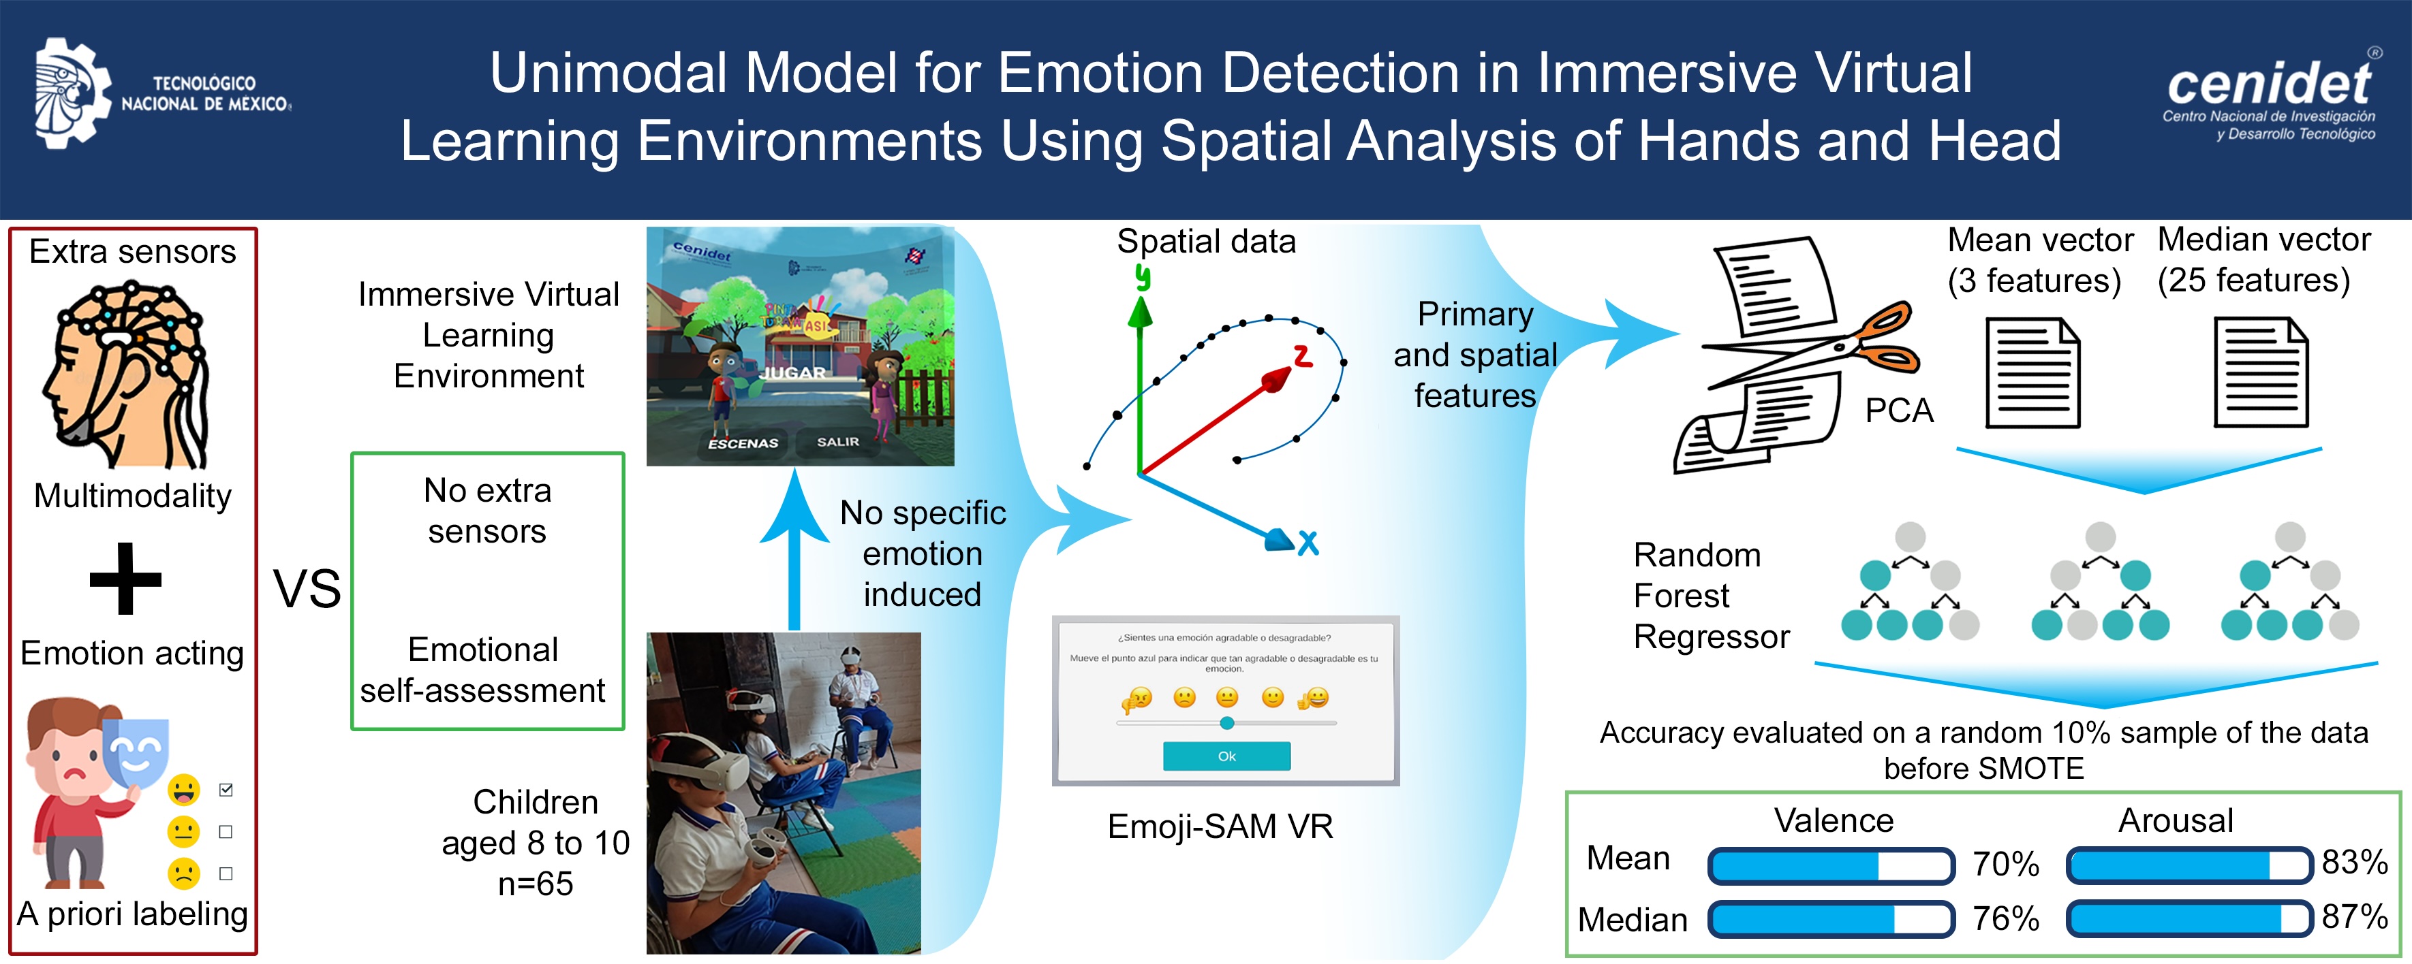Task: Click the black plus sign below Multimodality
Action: pos(125,579)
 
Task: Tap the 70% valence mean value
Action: pos(2006,864)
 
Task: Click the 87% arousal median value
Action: pos(2355,916)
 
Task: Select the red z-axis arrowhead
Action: pos(1276,379)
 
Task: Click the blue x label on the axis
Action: pos(1308,543)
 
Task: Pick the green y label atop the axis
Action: pos(1143,277)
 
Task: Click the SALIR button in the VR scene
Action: pos(837,442)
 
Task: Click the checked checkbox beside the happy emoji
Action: pos(226,790)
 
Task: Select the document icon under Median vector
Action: pos(2260,372)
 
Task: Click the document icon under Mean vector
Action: pos(2032,372)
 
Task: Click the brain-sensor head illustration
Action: pos(127,374)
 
